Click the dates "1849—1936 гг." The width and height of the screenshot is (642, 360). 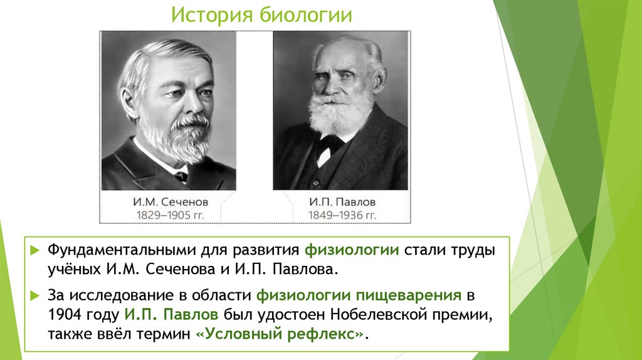(x=341, y=215)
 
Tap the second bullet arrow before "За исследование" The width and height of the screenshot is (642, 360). (x=37, y=294)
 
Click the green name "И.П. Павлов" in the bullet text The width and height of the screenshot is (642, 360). (x=171, y=314)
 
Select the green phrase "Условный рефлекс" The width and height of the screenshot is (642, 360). (x=279, y=334)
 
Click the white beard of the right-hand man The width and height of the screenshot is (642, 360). (x=341, y=116)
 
